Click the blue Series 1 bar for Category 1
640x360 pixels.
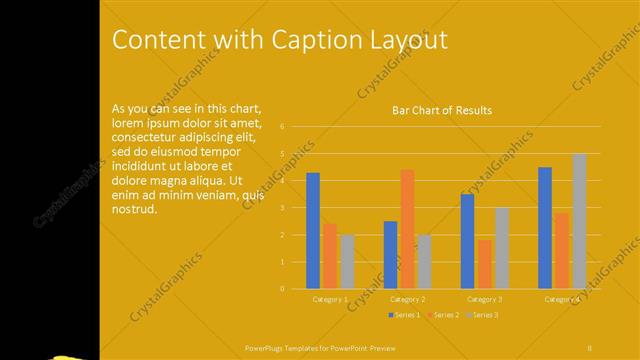313,230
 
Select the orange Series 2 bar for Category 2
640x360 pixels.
407,229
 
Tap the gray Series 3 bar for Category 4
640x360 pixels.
579,221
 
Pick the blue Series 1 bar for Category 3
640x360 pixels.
467,241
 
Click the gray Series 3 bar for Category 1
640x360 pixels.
347,261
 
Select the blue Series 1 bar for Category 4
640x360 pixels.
545,228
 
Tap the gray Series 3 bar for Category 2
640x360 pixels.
424,261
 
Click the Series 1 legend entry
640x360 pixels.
403,315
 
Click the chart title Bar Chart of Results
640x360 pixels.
441,110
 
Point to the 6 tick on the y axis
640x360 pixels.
284,127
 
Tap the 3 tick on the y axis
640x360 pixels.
284,208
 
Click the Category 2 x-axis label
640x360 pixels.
407,299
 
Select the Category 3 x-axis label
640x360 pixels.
485,299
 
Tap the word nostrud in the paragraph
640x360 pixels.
135,210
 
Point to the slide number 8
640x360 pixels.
590,347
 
